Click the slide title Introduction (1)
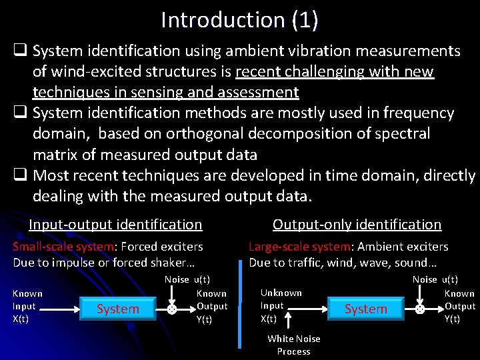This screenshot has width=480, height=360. pos(239,19)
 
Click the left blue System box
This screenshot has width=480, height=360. pos(118,309)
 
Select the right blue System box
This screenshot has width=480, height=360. pos(365,309)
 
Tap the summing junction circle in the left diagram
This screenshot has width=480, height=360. pos(172,310)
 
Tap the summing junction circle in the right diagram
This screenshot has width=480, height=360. pos(420,309)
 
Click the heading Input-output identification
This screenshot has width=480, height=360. pos(115,225)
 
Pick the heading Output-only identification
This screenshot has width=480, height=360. pos(357,225)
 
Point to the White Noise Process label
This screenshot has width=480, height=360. pos(293,345)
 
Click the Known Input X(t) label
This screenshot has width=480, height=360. pos(27,306)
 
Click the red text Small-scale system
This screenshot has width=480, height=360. pos(63,247)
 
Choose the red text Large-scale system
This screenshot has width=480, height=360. pos(299,247)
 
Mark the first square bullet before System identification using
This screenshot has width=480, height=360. pos(21,51)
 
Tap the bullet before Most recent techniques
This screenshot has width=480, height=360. pos(21,176)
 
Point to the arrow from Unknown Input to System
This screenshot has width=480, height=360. pos(314,309)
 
